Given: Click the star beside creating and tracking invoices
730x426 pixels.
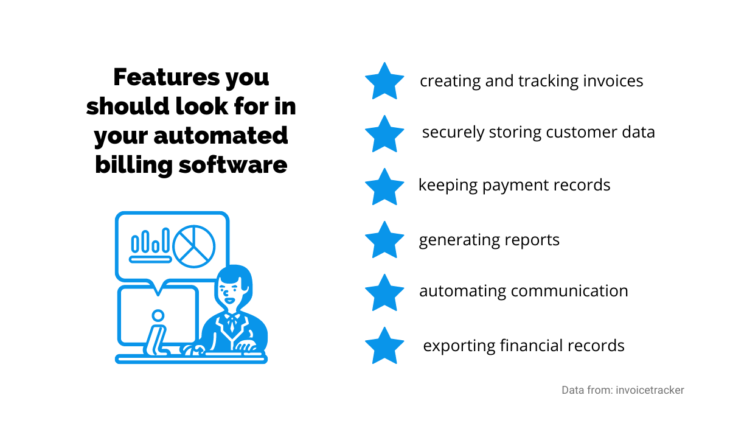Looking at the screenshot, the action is pyautogui.click(x=384, y=82).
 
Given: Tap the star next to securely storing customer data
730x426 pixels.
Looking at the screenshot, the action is pyautogui.click(x=384, y=134).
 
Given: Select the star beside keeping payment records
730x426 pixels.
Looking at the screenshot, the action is pyautogui.click(x=384, y=187).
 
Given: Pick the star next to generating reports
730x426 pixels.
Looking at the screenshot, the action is pyautogui.click(x=384, y=240).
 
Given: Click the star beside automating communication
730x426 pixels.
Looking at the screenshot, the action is pyautogui.click(x=384, y=293).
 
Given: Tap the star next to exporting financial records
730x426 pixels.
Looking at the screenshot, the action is pyautogui.click(x=384, y=346).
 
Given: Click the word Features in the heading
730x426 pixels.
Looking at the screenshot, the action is pyautogui.click(x=167, y=77).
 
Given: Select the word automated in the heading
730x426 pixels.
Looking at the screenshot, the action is pyautogui.click(x=221, y=136).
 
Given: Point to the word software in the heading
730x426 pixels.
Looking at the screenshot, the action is pyautogui.click(x=233, y=164).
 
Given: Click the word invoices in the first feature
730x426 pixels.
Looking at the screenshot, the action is pyautogui.click(x=613, y=81).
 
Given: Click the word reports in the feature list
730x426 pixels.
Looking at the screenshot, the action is pyautogui.click(x=532, y=240).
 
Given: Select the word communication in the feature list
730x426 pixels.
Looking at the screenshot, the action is pyautogui.click(x=569, y=291).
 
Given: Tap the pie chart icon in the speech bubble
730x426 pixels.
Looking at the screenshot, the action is pyautogui.click(x=194, y=246).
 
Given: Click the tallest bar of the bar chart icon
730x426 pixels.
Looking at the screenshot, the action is pyautogui.click(x=166, y=240).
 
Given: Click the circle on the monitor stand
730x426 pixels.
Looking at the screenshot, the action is pyautogui.click(x=158, y=315).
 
